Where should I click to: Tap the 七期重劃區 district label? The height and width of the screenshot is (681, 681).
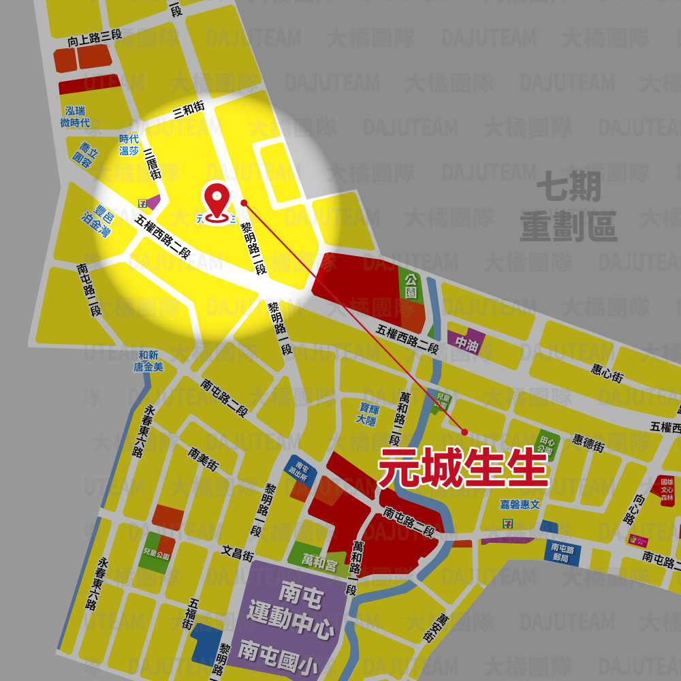click(x=568, y=207)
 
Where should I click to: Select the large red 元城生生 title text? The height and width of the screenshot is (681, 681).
click(x=463, y=468)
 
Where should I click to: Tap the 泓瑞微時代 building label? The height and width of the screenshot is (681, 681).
click(x=75, y=116)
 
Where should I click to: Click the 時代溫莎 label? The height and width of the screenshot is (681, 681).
click(x=129, y=144)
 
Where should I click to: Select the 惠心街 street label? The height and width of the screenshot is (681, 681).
click(x=607, y=371)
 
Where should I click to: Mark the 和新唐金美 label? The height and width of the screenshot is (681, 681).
click(x=148, y=361)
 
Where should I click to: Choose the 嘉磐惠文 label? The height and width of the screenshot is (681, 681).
click(x=520, y=504)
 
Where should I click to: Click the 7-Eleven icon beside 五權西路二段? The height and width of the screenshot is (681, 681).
click(x=142, y=203)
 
